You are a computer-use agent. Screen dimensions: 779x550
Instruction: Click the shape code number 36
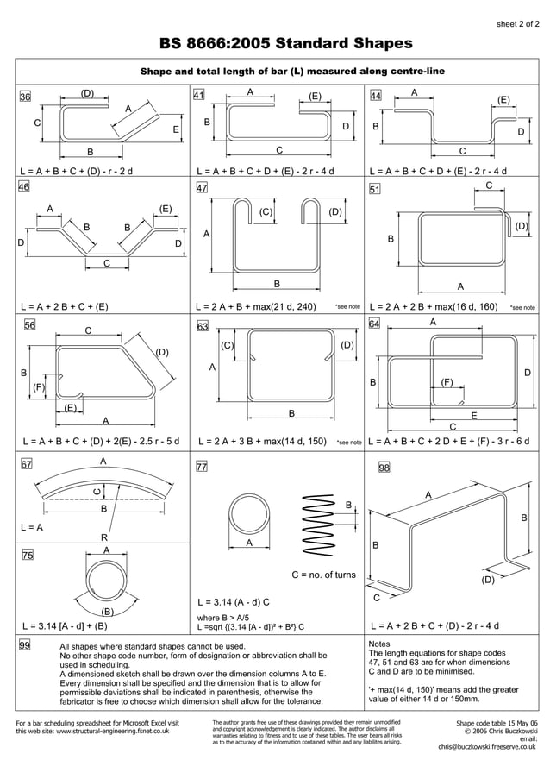(26, 97)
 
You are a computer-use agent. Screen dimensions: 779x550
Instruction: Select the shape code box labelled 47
(202, 187)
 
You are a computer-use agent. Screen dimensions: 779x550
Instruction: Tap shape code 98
(384, 468)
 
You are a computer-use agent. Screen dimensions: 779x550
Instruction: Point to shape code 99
(26, 644)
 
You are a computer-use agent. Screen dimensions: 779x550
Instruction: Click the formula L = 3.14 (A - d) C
(234, 602)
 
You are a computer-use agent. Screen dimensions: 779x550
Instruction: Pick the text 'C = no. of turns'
(323, 575)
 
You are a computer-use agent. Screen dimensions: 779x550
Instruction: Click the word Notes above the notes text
(379, 644)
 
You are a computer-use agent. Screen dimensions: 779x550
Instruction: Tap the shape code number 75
(27, 556)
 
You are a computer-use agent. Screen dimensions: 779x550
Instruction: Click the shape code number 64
(375, 324)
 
